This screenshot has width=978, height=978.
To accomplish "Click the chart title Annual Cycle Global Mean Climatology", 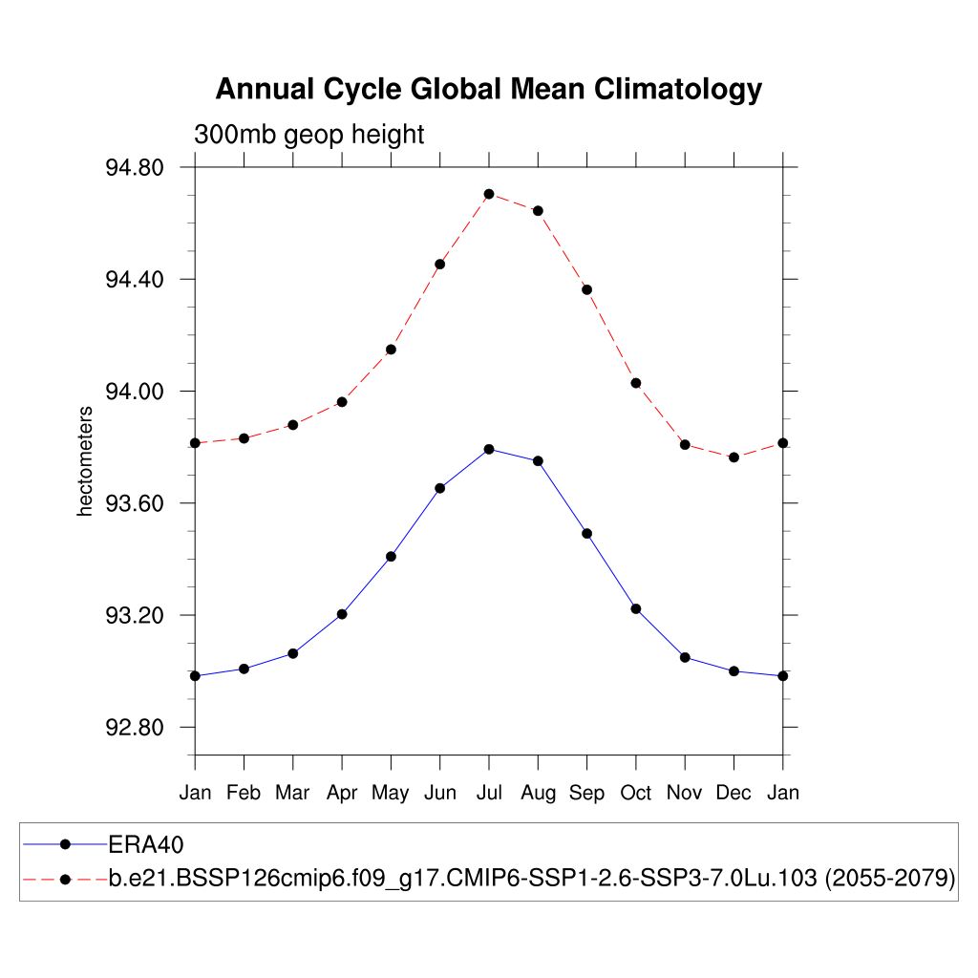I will coord(488,89).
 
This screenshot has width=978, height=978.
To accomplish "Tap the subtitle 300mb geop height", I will coord(308,135).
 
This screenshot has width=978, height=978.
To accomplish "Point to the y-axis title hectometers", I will coord(86,461).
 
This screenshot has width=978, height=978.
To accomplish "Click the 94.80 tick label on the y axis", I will coord(134,168).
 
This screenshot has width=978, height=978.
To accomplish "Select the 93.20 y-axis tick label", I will coord(134,616).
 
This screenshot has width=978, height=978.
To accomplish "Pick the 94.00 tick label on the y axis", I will coord(134,392).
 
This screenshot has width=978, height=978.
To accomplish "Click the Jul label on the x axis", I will coord(489,793).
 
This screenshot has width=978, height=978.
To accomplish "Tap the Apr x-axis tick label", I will coord(342,793).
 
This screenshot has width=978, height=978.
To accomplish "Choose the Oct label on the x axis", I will coord(636,793).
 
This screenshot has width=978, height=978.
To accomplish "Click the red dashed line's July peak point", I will coord(489,194).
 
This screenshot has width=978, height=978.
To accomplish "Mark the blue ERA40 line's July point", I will coord(489,449).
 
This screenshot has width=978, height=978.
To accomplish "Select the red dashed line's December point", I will coord(733,457).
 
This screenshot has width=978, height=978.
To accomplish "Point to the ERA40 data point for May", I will coord(391,556).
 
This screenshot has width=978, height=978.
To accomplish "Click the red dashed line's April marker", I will coord(342,402).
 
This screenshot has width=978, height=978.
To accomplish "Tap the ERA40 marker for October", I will coord(636,608).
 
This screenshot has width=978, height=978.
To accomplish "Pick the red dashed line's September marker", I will coord(587,289).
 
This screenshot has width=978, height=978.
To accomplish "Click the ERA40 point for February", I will coord(244,669).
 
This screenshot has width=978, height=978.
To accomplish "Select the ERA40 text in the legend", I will coord(146,844).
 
